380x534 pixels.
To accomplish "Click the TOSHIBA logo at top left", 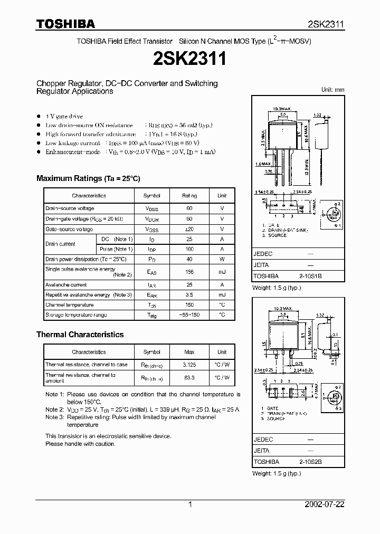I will pyautogui.click(x=66, y=24).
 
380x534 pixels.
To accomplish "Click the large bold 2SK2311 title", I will pyautogui.click(x=189, y=59).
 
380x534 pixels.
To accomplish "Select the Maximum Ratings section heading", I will pyautogui.click(x=88, y=179).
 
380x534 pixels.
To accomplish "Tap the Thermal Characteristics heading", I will pyautogui.click(x=80, y=335).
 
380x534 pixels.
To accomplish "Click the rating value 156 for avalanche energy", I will pyautogui.click(x=189, y=272).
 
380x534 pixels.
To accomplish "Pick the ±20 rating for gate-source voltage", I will pyautogui.click(x=189, y=229).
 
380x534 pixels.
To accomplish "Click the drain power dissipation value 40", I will pyautogui.click(x=189, y=259).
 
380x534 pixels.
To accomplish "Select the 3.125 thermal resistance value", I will pyautogui.click(x=189, y=365).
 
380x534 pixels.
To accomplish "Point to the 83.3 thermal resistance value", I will pyautogui.click(x=189, y=378).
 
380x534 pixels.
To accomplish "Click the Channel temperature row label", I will pyautogui.click(x=70, y=305).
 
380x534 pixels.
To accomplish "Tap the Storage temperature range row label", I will pyautogui.click(x=76, y=315).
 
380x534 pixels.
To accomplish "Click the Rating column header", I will pyautogui.click(x=189, y=196).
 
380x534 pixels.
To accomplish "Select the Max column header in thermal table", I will pyautogui.click(x=189, y=352).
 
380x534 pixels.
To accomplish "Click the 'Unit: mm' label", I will pyautogui.click(x=332, y=90).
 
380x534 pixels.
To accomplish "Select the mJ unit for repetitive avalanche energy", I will pyautogui.click(x=222, y=295).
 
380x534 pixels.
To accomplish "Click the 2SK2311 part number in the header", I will pyautogui.click(x=326, y=24).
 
